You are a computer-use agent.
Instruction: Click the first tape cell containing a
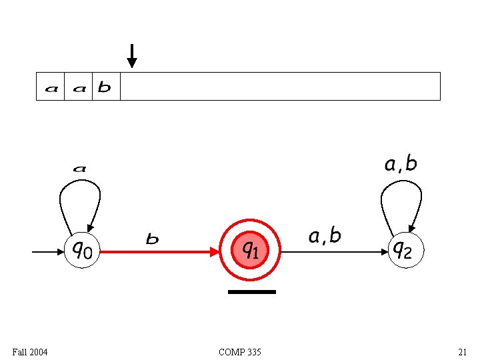(51, 87)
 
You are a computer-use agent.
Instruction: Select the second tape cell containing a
(79, 87)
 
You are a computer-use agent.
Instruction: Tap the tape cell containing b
(105, 87)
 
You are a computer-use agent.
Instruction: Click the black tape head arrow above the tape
(132, 56)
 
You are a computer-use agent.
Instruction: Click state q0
(82, 251)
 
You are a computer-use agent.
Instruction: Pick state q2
(405, 251)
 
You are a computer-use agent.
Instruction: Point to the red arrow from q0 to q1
(160, 252)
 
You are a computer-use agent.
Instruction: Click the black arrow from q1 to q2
(333, 252)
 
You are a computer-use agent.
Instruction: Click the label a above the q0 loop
(79, 169)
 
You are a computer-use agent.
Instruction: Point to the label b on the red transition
(153, 239)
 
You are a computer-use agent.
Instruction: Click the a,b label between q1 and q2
(325, 236)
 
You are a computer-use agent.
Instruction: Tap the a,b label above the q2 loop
(401, 164)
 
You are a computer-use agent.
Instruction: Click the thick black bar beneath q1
(251, 292)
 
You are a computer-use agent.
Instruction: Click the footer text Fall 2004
(30, 351)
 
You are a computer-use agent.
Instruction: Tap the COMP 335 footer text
(240, 351)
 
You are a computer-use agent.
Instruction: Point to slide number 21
(462, 351)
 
